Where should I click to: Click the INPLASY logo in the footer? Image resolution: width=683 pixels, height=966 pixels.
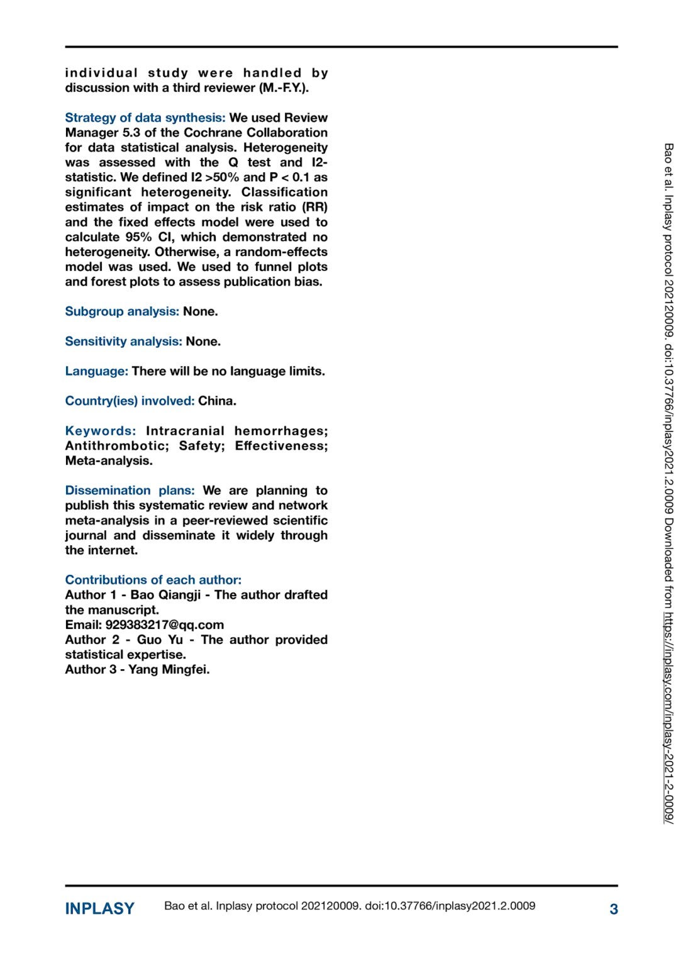click(x=99, y=909)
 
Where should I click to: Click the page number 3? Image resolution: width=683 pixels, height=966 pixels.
click(x=613, y=909)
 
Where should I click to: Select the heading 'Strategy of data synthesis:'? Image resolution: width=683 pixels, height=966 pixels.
click(x=145, y=118)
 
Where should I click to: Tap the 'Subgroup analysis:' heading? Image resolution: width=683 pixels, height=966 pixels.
click(x=122, y=311)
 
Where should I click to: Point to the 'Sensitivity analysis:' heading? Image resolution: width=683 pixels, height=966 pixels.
click(x=123, y=341)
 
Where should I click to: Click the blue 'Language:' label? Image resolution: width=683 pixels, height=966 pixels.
click(x=96, y=371)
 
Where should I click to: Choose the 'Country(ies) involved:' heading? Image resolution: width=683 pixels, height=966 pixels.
click(x=130, y=401)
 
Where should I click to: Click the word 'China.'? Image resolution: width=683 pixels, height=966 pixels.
click(x=217, y=401)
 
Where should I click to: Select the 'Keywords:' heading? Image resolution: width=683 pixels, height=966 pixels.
click(x=100, y=431)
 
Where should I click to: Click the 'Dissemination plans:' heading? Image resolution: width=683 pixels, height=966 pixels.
click(x=130, y=491)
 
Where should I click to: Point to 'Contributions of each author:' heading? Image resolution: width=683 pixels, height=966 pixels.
click(x=153, y=580)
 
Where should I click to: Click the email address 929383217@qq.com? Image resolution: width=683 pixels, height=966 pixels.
click(x=164, y=625)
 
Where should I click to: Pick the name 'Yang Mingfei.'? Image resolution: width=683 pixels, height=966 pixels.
click(x=169, y=670)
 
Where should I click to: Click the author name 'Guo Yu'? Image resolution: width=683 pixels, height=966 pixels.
click(x=160, y=640)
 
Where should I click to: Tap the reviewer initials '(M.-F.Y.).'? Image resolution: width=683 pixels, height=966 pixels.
click(x=284, y=88)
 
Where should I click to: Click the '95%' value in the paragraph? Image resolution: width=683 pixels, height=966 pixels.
click(x=138, y=237)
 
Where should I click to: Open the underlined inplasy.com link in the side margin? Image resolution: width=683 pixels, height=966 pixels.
click(x=669, y=717)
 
